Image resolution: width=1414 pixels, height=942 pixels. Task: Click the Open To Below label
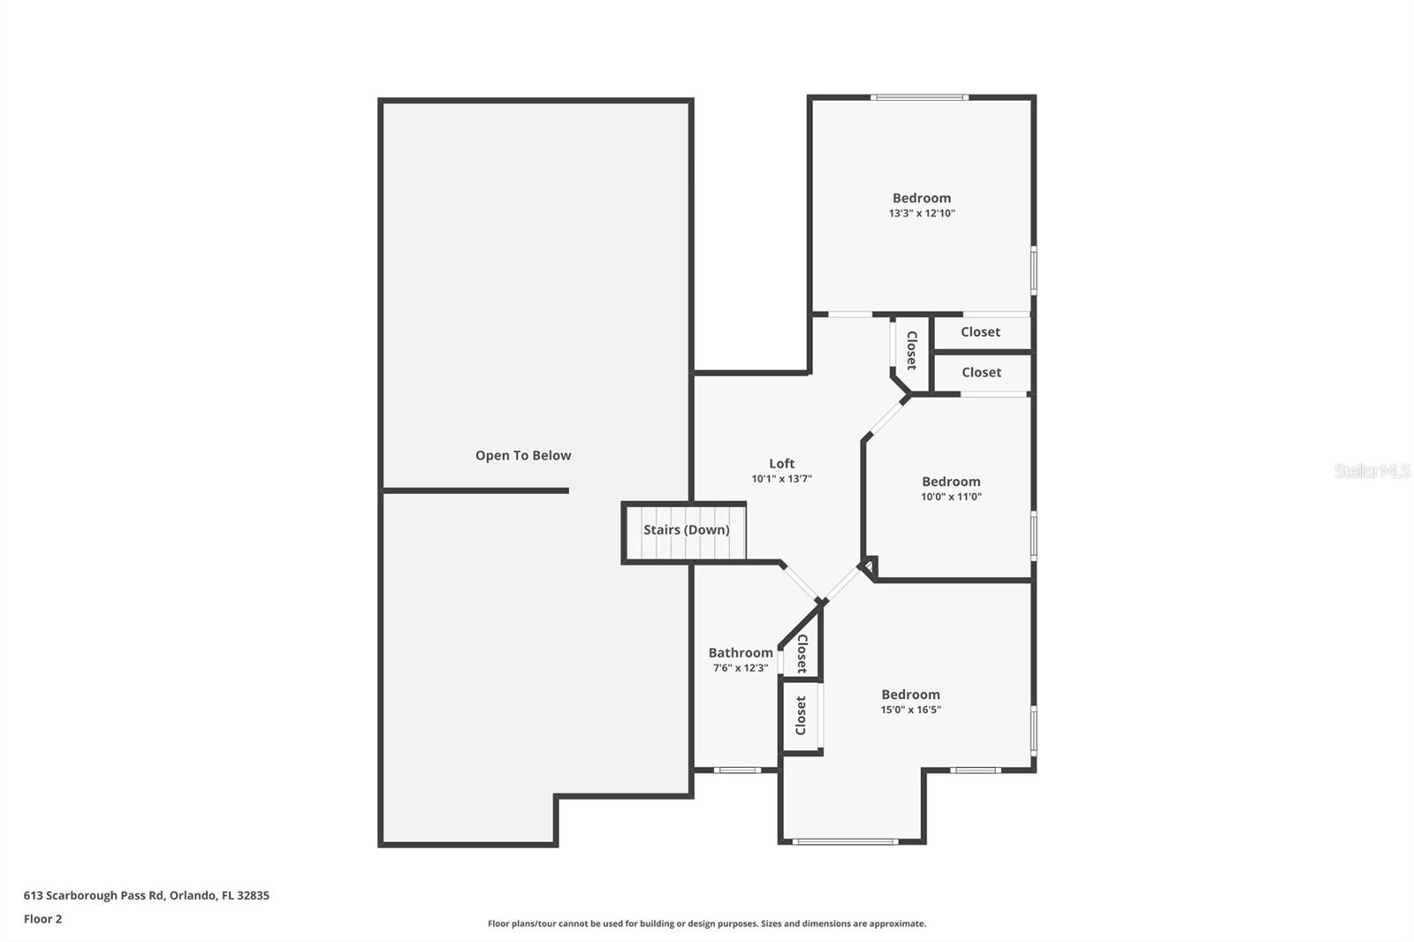point(523,455)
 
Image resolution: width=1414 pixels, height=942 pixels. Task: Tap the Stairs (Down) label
point(686,529)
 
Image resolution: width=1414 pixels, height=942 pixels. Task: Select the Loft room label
point(781,463)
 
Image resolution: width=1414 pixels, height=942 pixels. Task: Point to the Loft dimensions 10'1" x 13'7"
point(781,479)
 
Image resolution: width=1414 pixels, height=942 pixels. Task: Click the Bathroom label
point(741,653)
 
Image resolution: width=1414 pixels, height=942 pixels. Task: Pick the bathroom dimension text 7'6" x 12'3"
point(741,668)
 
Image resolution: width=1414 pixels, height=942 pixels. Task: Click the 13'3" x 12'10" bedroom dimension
point(922,213)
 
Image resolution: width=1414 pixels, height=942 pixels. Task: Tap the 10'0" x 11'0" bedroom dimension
point(951,497)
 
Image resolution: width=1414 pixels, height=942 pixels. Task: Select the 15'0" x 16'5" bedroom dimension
point(910,710)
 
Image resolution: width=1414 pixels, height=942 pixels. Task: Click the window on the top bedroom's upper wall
point(919,97)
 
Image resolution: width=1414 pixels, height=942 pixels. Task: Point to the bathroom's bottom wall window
point(737,770)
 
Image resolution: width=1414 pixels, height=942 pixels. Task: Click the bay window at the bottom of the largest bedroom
point(845,841)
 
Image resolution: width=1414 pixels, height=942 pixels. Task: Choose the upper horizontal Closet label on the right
point(980,331)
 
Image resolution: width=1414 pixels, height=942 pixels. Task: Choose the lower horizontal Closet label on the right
point(981,372)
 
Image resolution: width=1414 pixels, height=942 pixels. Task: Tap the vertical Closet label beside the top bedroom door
point(911,350)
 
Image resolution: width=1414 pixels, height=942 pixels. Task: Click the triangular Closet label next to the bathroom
point(802,653)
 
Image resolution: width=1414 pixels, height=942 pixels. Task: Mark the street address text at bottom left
point(147,895)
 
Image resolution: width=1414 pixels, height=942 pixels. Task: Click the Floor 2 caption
point(42,919)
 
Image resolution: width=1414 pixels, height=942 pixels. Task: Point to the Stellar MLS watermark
point(1372,471)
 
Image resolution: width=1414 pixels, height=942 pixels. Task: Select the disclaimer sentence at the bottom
point(707,923)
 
